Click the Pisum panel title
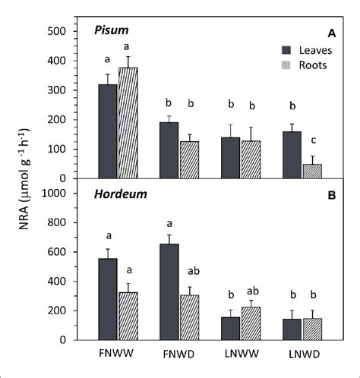pos(111,31)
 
